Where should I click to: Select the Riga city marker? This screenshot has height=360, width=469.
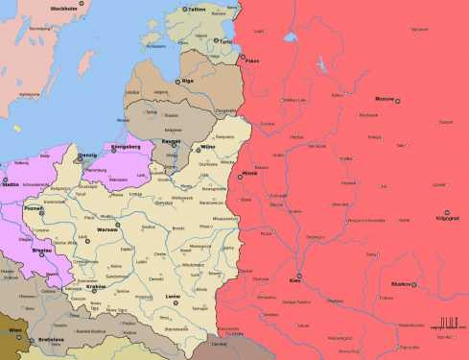(176, 81)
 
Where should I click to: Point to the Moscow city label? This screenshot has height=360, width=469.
(384, 99)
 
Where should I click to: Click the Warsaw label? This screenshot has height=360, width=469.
(106, 230)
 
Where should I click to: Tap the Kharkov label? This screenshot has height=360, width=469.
(401, 284)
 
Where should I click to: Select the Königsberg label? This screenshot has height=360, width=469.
(126, 147)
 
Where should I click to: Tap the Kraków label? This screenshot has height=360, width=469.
(96, 286)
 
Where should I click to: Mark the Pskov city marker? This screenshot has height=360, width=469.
(242, 60)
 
